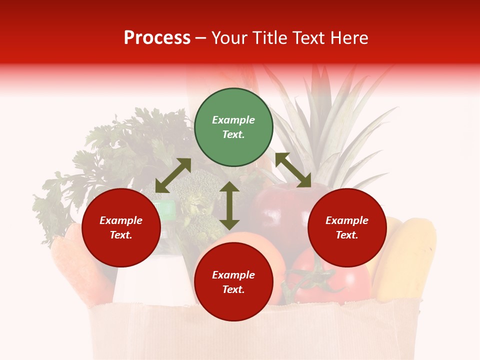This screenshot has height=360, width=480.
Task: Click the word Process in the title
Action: click(157, 38)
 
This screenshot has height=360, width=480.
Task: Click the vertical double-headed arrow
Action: click(229, 205)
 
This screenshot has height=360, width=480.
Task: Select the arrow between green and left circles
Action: click(173, 175)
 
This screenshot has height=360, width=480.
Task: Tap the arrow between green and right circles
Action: click(293, 170)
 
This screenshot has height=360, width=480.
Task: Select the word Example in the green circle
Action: click(233, 120)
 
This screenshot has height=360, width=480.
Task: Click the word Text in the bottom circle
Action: click(233, 289)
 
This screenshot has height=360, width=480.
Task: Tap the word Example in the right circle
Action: click(347, 220)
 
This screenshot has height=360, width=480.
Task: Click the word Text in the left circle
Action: click(121, 235)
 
